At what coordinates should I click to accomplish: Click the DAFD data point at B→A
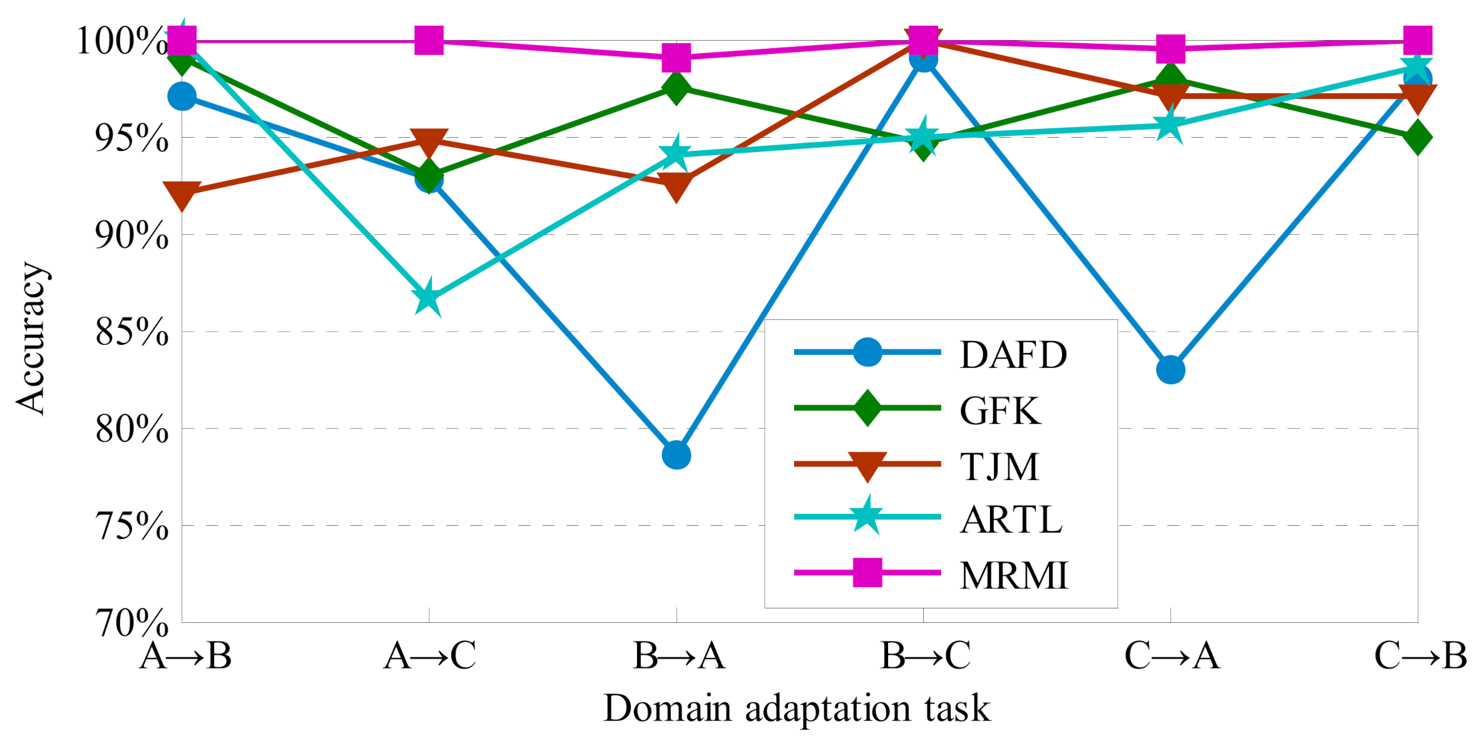coord(676,455)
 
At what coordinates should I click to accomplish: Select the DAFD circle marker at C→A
coord(1170,370)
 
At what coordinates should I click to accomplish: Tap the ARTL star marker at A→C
coord(429,297)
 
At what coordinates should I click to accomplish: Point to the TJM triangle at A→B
coord(181,194)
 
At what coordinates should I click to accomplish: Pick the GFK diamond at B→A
coord(676,88)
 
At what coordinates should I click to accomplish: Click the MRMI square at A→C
coord(429,41)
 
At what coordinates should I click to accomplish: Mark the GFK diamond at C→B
coord(1418,137)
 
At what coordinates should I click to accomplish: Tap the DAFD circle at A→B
coord(181,96)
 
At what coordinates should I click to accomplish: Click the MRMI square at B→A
coord(676,58)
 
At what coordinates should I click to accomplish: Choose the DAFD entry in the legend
coord(1013,355)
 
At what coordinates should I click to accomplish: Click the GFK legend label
coord(999,411)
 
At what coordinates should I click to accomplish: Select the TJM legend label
coord(999,466)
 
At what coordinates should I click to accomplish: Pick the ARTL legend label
coord(1011,520)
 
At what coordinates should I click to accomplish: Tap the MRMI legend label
coord(1014,575)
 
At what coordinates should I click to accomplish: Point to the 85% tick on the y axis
coord(132,332)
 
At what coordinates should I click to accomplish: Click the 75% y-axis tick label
coord(132,526)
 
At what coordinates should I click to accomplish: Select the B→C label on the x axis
coord(925,656)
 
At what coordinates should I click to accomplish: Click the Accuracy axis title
coord(31,338)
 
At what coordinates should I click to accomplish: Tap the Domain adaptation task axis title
coord(797,709)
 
